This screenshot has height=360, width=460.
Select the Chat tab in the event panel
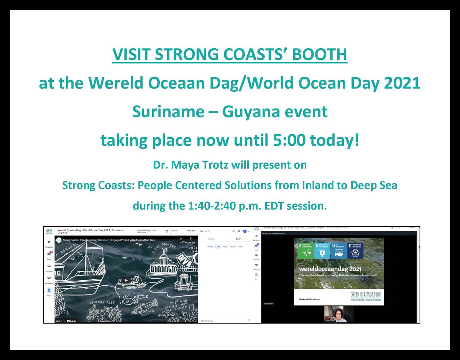coord(218,247)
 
